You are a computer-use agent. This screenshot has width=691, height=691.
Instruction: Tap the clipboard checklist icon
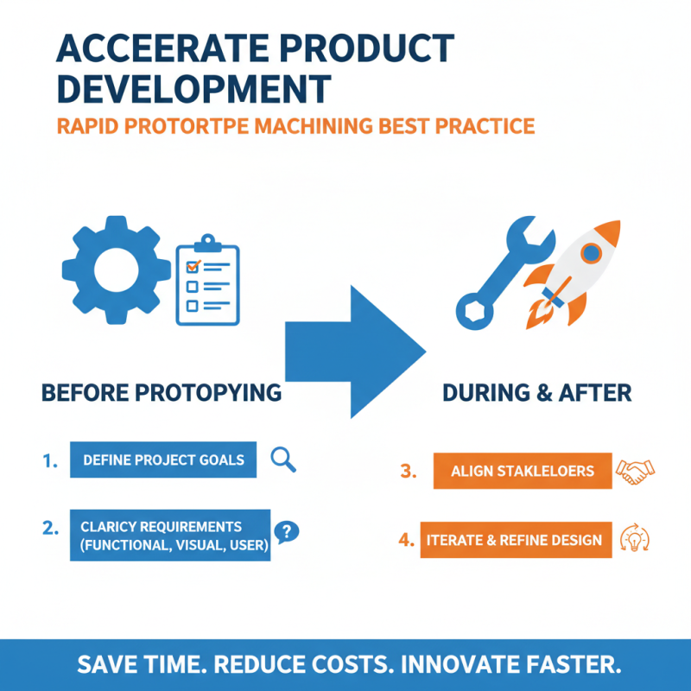207,280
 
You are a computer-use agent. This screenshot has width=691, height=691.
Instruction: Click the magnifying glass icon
283,460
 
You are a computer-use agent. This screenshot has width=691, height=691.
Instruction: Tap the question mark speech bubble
285,531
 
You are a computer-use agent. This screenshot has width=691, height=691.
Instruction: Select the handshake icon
635,471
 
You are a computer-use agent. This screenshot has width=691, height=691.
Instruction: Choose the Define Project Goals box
163,460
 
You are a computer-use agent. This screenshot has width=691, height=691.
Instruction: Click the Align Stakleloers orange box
523,471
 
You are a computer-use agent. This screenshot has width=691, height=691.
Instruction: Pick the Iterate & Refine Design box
517,540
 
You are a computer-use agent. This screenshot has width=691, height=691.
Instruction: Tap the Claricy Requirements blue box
169,536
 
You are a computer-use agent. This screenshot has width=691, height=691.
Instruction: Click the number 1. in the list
49,461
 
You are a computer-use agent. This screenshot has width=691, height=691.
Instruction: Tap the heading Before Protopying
162,393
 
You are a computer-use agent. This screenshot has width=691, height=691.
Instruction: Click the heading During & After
536,393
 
